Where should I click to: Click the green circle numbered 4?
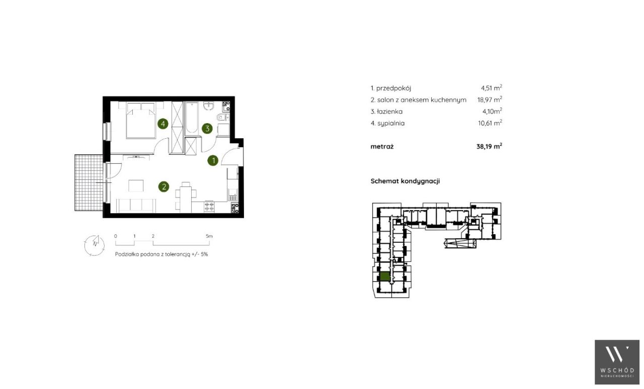163,124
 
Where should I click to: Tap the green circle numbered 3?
207,129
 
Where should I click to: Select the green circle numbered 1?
213,161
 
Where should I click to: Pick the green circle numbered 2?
164,187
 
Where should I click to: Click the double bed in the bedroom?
140,121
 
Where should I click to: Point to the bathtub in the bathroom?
192,118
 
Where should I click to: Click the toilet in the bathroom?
222,117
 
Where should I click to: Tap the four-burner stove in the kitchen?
209,207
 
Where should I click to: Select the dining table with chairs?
186,197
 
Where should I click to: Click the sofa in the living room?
136,206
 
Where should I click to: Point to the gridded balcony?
89,183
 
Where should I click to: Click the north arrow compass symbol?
94,246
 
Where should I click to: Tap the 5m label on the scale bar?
209,236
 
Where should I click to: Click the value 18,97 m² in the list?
490,100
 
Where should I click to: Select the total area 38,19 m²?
490,146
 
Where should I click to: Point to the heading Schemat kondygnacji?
405,181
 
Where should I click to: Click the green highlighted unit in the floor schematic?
385,276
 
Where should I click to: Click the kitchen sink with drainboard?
233,194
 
